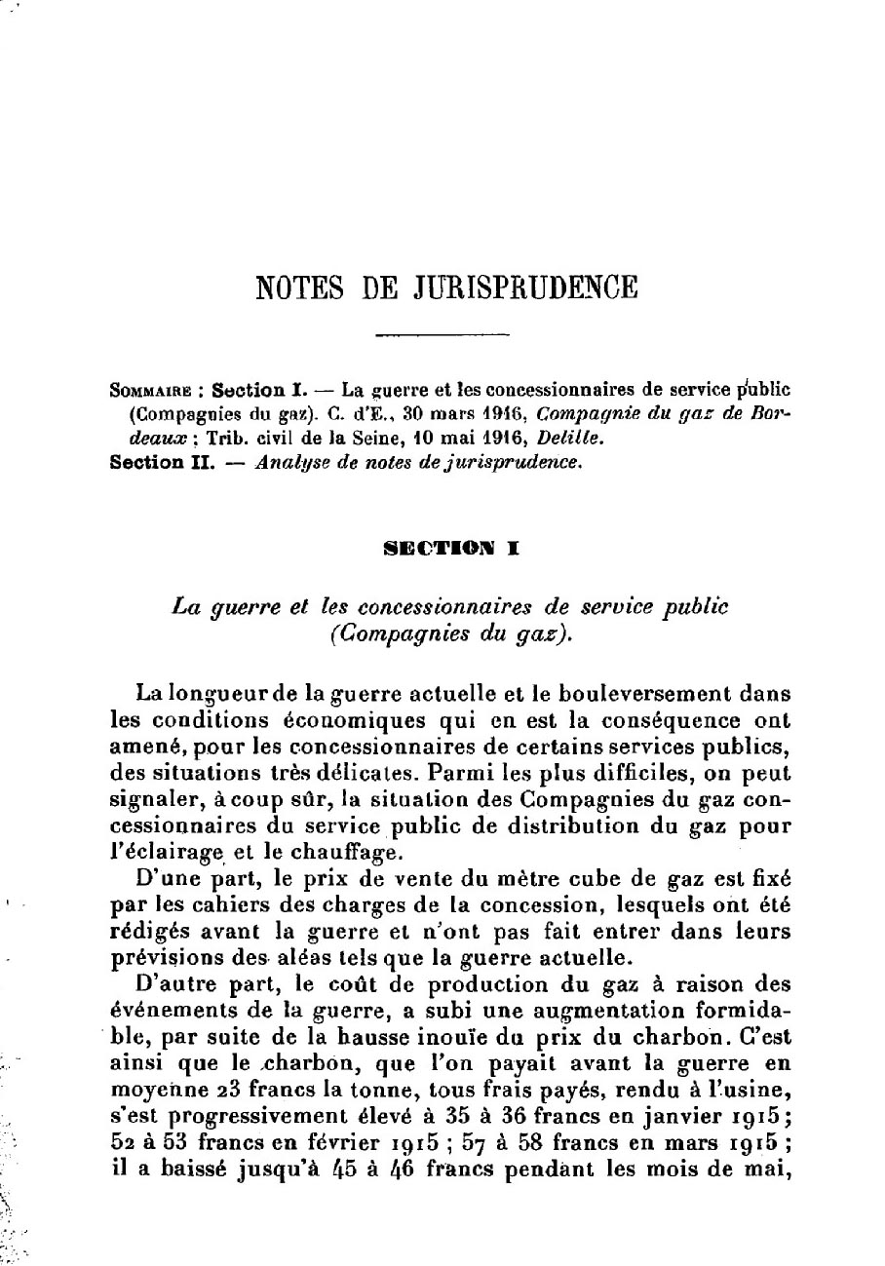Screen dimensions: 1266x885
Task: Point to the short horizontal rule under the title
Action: (x=443, y=335)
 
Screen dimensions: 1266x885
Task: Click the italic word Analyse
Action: (x=287, y=464)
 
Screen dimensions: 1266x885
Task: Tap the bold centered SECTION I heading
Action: (x=443, y=549)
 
